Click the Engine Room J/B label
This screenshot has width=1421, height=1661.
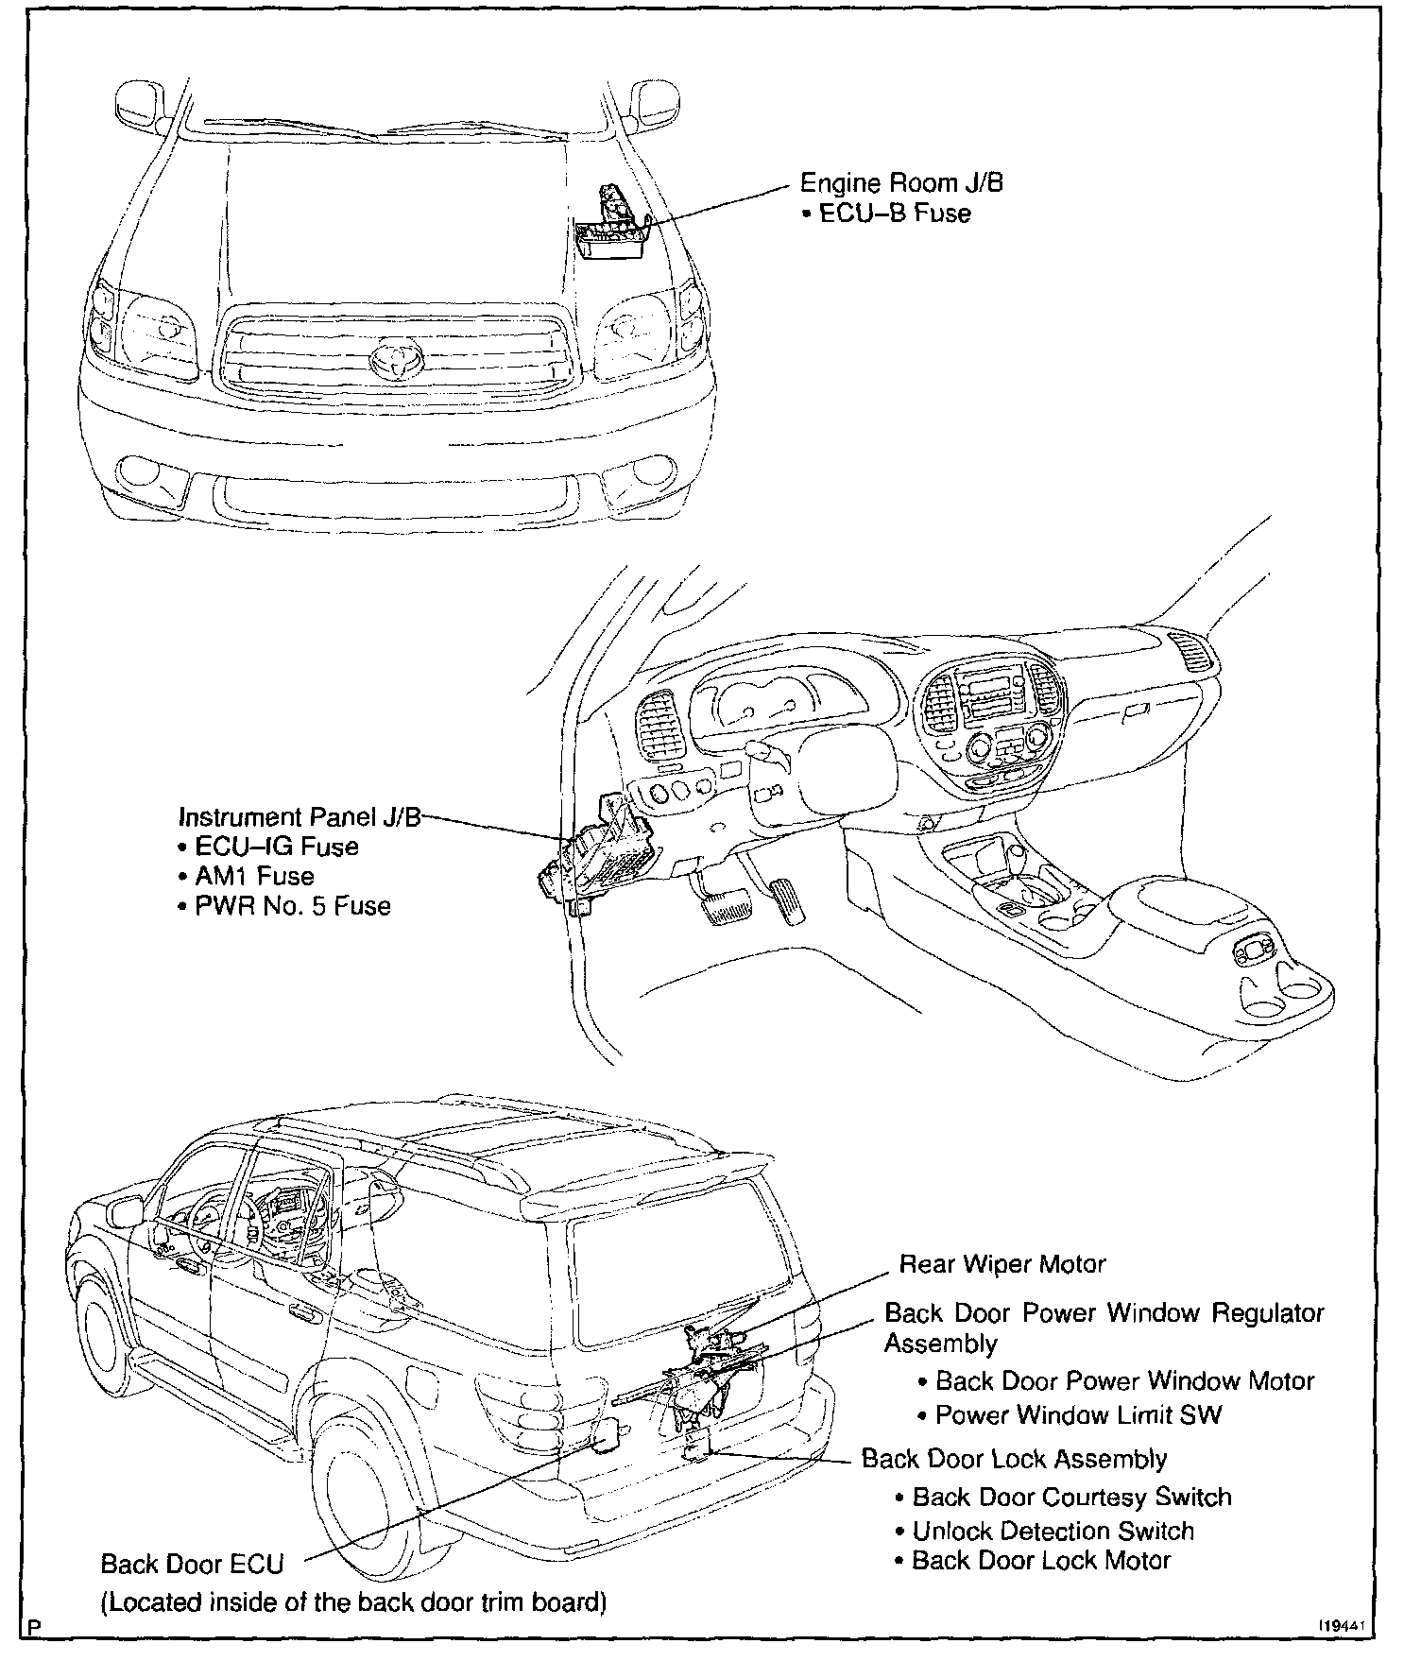(901, 182)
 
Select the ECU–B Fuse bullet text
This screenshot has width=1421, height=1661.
(894, 214)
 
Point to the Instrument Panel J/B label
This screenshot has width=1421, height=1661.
(300, 816)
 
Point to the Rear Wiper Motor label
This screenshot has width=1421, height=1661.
(1002, 1263)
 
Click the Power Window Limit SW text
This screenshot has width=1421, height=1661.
(1078, 1414)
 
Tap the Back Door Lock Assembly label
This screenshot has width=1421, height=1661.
(1014, 1459)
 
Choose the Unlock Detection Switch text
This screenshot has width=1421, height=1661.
(1053, 1531)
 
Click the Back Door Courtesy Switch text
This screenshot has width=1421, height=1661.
(1071, 1498)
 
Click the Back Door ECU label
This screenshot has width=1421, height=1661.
(192, 1564)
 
